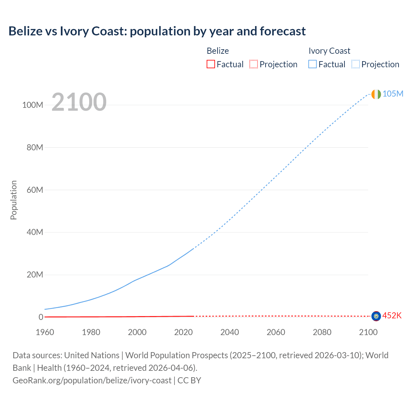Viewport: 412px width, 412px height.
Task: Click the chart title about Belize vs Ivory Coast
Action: pyautogui.click(x=157, y=31)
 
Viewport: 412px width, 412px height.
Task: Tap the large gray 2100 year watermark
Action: pyautogui.click(x=79, y=102)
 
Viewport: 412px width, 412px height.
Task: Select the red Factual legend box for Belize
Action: pyautogui.click(x=211, y=64)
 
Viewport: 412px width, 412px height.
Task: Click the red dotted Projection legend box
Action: pyautogui.click(x=254, y=64)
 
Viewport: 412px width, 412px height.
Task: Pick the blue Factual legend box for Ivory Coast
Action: pyautogui.click(x=313, y=64)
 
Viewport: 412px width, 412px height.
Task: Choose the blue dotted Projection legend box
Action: pyautogui.click(x=356, y=64)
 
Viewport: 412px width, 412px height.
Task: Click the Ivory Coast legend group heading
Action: pyautogui.click(x=329, y=51)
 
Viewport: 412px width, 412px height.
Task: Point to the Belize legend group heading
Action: pyautogui.click(x=218, y=51)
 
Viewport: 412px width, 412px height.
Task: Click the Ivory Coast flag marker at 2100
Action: pyautogui.click(x=376, y=94)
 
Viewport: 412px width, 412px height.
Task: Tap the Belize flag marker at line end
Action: pyautogui.click(x=376, y=316)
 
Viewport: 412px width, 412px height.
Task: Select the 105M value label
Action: pyautogui.click(x=393, y=94)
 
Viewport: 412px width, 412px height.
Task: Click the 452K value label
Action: pyautogui.click(x=392, y=315)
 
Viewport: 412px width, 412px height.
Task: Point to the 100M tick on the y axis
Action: pyautogui.click(x=33, y=105)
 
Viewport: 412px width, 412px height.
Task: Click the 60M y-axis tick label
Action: pyautogui.click(x=35, y=190)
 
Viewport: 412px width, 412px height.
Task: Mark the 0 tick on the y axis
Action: pyautogui.click(x=41, y=317)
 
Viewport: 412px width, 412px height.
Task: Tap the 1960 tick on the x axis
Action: pyautogui.click(x=45, y=332)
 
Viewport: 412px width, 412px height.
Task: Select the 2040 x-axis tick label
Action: pyautogui.click(x=229, y=332)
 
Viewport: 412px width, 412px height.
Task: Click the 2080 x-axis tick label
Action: pyautogui.click(x=322, y=332)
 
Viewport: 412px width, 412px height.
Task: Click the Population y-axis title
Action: pyautogui.click(x=14, y=200)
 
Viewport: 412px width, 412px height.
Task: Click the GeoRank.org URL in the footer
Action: pyautogui.click(x=92, y=380)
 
